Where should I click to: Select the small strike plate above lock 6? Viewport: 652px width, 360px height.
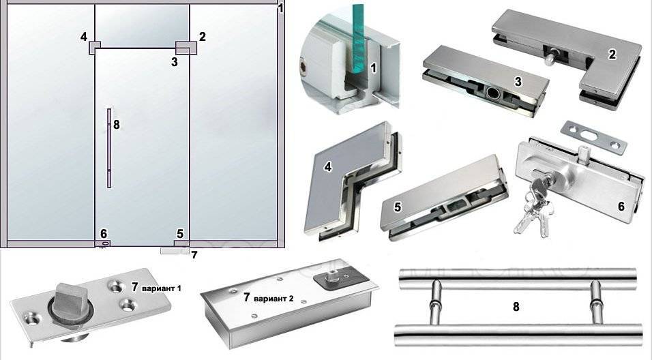pos(594,138)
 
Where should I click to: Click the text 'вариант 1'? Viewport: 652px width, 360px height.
pos(162,288)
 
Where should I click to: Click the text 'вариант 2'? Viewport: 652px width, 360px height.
pos(273,299)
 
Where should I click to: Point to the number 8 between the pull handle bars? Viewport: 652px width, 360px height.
pos(516,307)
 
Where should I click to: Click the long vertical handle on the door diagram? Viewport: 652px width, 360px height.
pos(109,149)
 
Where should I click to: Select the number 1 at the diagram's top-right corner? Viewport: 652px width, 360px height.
pos(281,8)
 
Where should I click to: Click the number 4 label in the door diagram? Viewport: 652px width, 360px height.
pos(84,37)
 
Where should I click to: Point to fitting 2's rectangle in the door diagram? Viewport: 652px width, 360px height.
pos(186,48)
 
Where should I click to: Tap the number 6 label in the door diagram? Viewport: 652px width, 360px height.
pos(104,234)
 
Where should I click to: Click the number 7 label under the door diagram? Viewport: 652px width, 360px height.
pos(194,255)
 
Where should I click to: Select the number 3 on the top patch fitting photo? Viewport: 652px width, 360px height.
pos(518,82)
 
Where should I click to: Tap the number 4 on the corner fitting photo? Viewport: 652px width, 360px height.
pos(329,167)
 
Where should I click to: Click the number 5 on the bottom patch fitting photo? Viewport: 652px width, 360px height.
pos(398,207)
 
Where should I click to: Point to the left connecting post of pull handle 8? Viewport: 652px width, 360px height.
pos(434,302)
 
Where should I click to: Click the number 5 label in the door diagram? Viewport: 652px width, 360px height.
pos(180,234)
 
